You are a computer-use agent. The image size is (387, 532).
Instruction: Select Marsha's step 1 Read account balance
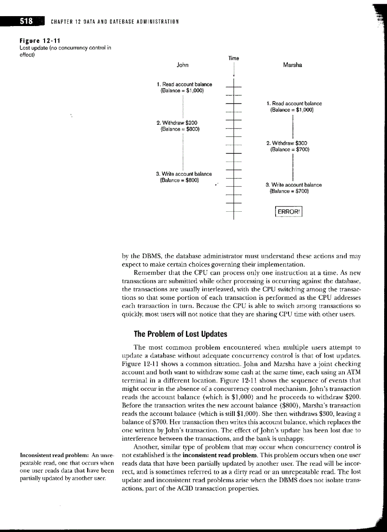(294, 103)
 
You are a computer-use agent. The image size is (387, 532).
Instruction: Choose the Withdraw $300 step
(287, 143)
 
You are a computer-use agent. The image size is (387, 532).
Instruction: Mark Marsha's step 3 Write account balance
(293, 185)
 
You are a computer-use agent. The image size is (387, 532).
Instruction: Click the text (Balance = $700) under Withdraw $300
(289, 149)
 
